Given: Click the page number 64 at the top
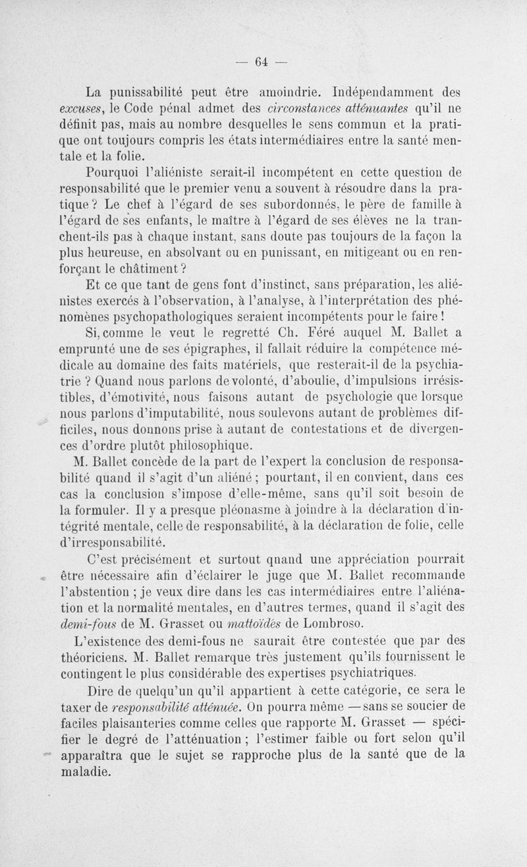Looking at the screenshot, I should point(260,63).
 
